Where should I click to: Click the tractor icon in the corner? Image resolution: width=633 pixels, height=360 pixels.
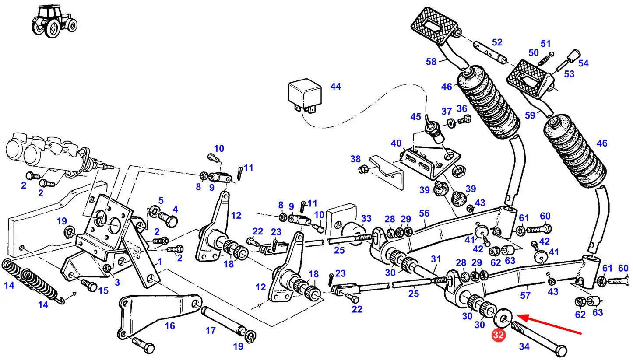[x=54, y=21]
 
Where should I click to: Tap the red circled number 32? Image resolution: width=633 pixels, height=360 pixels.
[x=498, y=335]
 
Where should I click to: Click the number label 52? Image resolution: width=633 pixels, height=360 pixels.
[x=497, y=42]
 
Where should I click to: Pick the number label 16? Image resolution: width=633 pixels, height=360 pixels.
[x=170, y=326]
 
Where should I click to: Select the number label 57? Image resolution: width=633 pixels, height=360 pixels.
[x=525, y=295]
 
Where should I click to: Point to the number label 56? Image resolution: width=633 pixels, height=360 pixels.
[x=424, y=213]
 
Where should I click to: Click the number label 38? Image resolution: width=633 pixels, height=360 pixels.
[x=355, y=159]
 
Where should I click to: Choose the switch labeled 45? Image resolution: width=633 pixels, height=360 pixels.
[x=434, y=129]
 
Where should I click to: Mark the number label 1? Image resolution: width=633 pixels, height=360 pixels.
[x=160, y=262]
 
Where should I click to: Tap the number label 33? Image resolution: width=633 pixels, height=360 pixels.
[x=366, y=218]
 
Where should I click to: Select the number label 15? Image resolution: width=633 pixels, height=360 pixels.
[x=103, y=290]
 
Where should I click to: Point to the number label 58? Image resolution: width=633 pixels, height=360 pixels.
[x=431, y=62]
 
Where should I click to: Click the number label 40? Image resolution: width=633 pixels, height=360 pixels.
[x=396, y=143]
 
